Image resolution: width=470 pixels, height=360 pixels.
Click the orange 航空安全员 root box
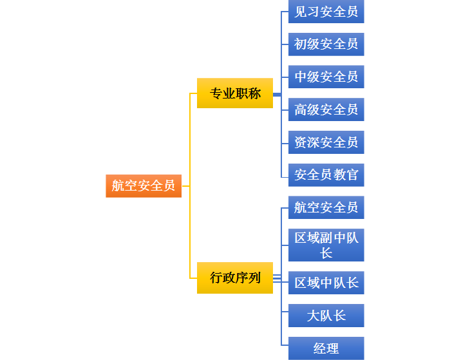pos(144,185)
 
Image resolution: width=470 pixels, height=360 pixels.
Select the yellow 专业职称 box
pos(235,93)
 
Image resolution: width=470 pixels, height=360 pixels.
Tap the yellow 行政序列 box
pos(235,278)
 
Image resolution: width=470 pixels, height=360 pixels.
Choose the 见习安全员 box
pos(326,12)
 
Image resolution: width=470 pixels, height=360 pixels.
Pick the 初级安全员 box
pos(326,44)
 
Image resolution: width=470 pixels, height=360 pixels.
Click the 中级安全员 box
pos(326,77)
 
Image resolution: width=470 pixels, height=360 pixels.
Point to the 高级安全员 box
pos(326,109)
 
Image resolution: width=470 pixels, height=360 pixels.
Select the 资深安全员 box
pos(326,142)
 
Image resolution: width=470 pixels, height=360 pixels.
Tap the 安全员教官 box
pos(326,175)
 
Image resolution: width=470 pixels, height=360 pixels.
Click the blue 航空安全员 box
pos(326,207)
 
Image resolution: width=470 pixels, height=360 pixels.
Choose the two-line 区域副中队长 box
pos(326,245)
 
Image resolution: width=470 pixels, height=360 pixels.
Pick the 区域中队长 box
pos(326,283)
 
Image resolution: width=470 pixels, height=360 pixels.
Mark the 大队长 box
pos(326,316)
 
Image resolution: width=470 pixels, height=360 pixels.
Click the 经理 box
pos(326,348)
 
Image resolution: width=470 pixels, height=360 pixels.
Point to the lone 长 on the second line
pos(326,252)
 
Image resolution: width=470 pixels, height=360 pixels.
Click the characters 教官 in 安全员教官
pos(346,175)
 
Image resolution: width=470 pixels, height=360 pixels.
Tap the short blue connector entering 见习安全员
pos(285,12)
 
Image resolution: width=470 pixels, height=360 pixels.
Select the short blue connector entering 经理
pos(285,348)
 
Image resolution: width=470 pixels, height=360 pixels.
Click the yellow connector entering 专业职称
pos(193,93)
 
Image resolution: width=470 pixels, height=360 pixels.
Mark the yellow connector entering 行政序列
pos(193,278)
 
